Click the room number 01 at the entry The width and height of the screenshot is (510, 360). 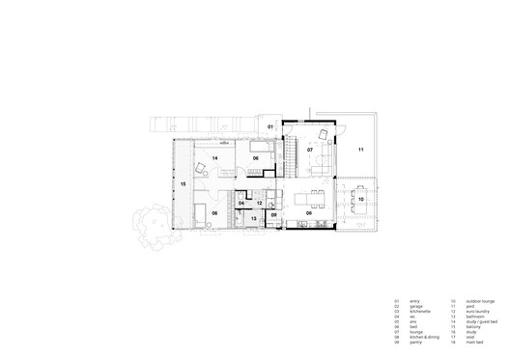coord(271,127)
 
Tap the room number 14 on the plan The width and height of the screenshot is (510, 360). coord(214,157)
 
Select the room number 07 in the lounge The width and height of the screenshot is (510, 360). coord(310,151)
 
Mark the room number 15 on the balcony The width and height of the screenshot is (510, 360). coord(183,182)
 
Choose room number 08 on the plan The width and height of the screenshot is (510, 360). coord(310,213)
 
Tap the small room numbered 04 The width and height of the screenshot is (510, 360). coord(241,203)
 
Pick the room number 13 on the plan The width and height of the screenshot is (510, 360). coord(254,220)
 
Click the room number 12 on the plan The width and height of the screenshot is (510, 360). coord(259,203)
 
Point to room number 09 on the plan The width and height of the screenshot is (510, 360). coord(273,215)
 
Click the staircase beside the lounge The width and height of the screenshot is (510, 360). coord(287,154)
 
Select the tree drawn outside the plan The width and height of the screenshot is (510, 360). coord(152,228)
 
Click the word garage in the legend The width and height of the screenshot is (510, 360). coord(414,307)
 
